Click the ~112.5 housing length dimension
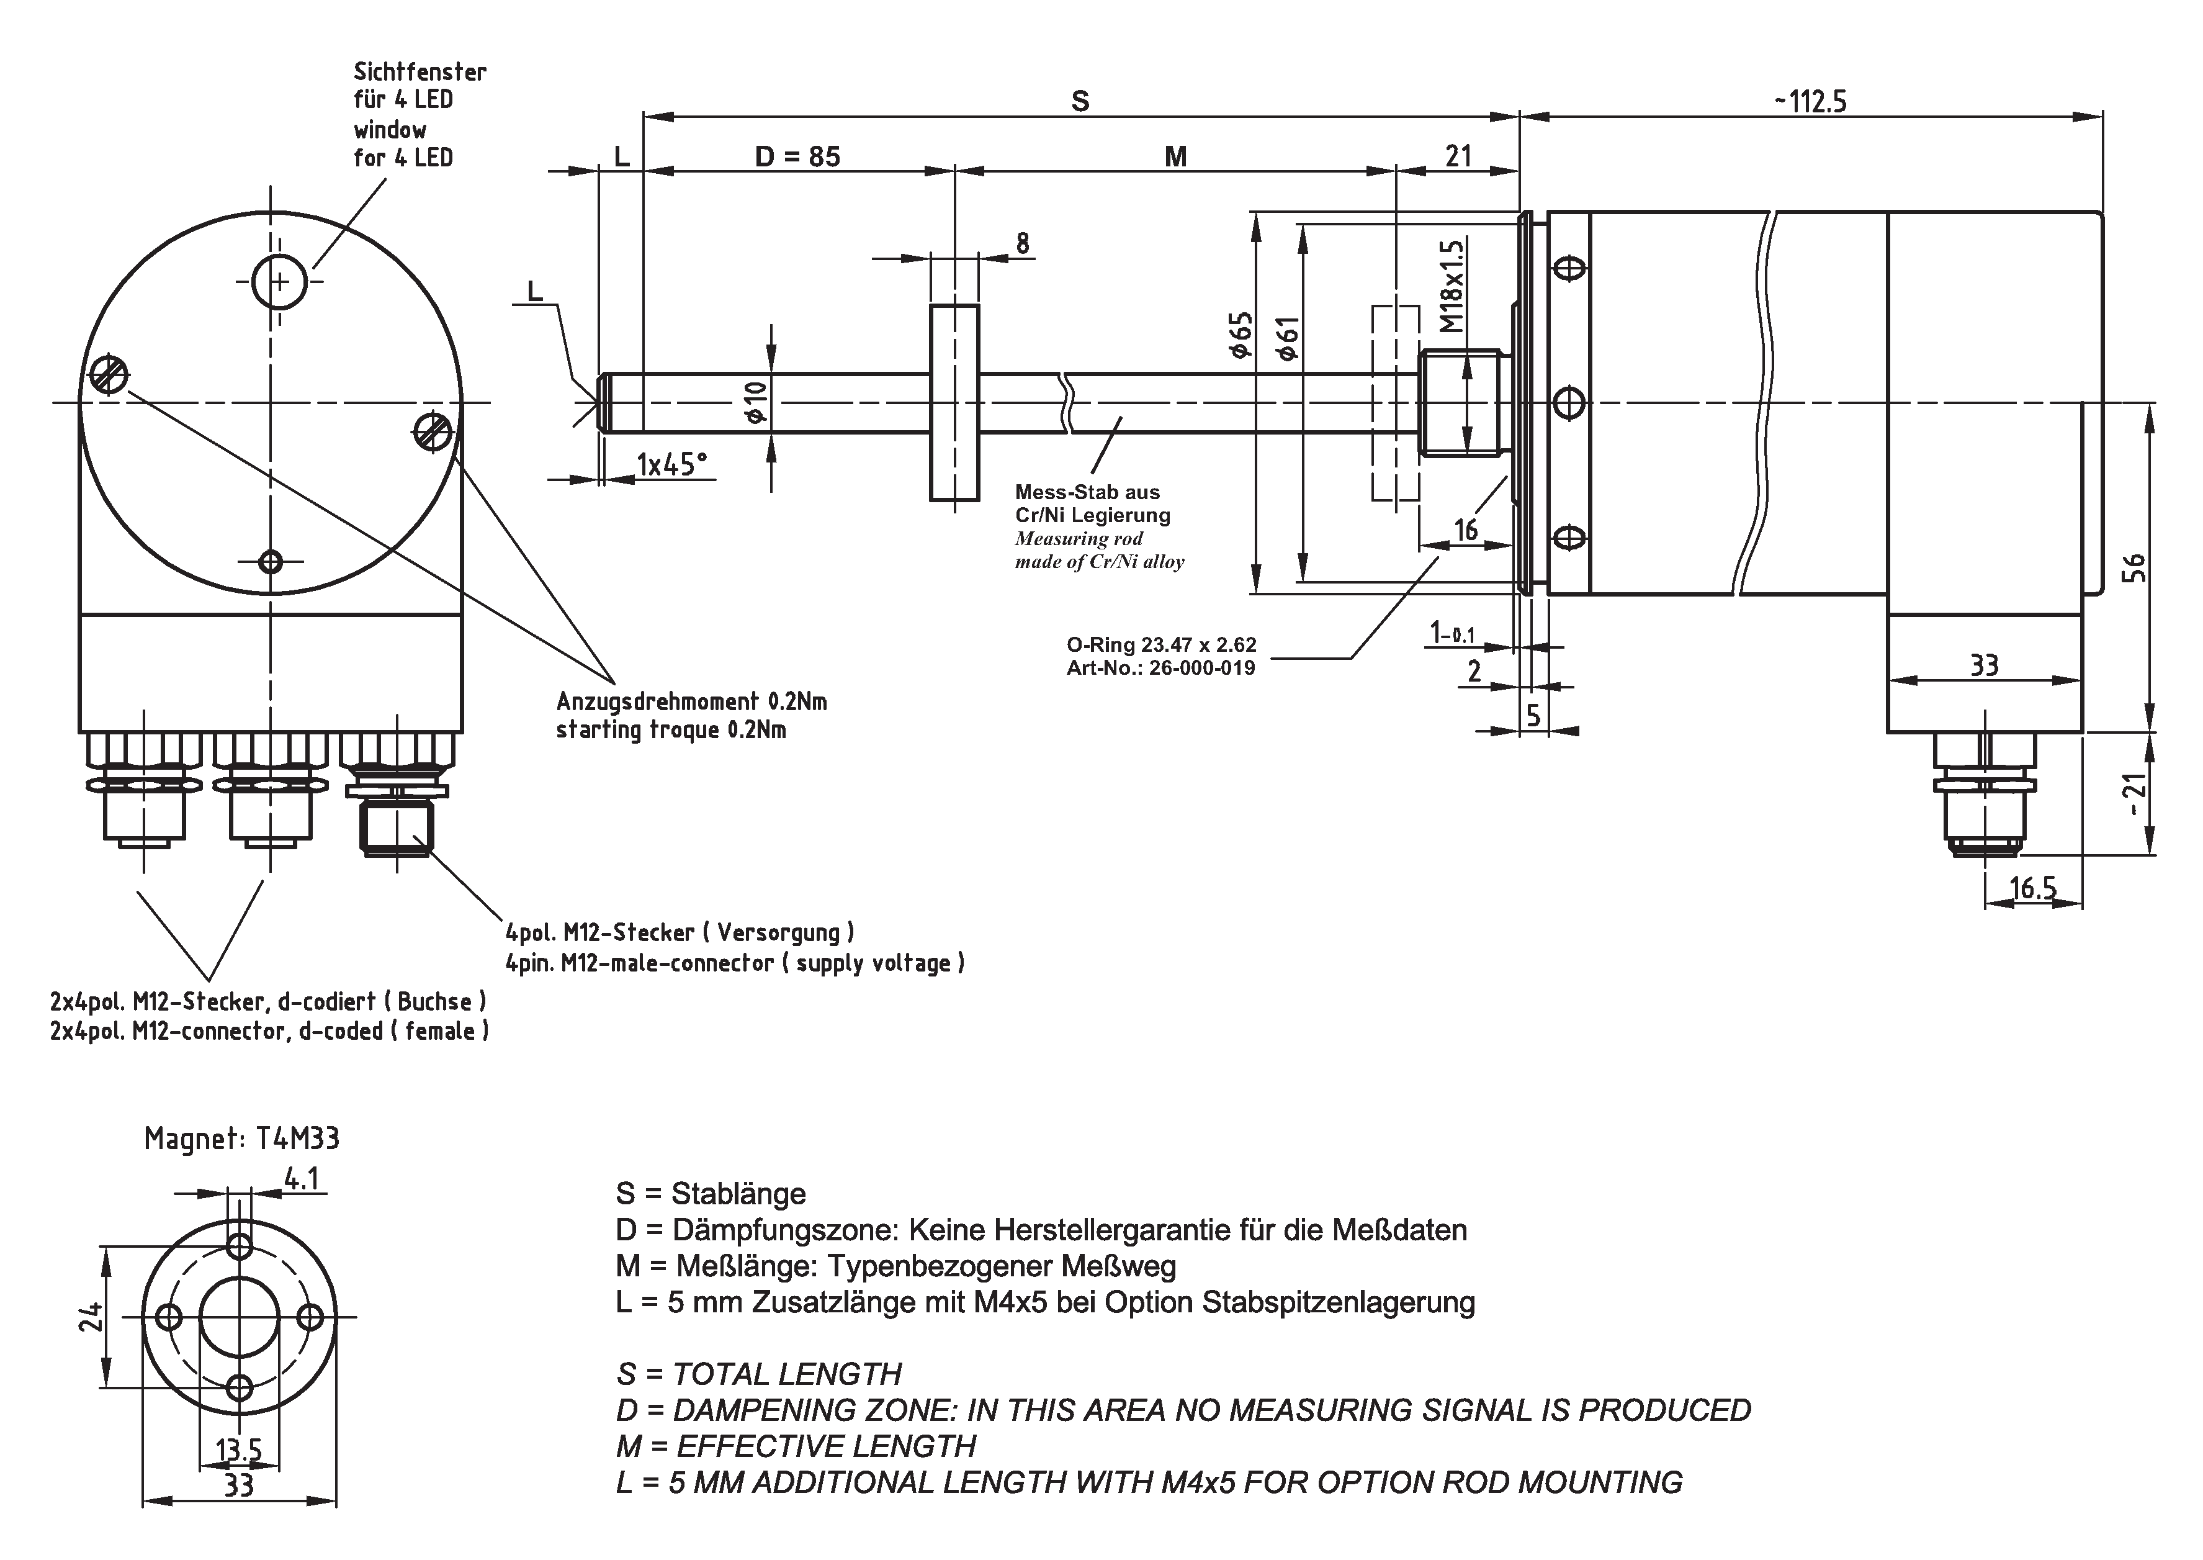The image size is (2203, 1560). click(1810, 101)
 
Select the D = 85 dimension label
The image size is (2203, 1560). click(797, 156)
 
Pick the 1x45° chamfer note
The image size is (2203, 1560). click(671, 466)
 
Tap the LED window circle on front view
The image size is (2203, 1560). click(279, 281)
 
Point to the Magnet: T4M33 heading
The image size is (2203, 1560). click(241, 1139)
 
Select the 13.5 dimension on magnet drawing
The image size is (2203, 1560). click(239, 1450)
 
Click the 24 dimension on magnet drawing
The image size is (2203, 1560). click(90, 1316)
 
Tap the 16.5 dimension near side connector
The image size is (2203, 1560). click(2033, 888)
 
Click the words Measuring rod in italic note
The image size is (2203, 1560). click(1079, 539)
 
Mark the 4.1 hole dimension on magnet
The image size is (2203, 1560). click(302, 1178)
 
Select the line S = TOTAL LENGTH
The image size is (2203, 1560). click(759, 1374)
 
